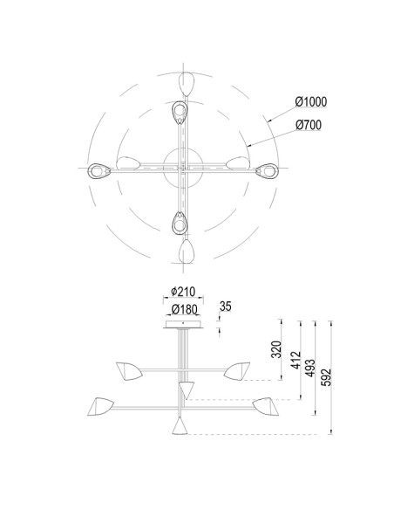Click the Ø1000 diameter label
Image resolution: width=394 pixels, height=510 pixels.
(311, 102)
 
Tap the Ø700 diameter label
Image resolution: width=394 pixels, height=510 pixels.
(309, 125)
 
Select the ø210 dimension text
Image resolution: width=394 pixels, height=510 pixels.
(183, 292)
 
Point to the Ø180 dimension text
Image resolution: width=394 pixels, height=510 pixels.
(184, 309)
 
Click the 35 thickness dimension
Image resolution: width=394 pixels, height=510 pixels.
(226, 307)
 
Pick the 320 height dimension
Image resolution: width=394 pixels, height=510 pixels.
(275, 349)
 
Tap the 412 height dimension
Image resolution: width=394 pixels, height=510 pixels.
(295, 360)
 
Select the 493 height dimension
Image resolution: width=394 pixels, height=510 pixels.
(310, 369)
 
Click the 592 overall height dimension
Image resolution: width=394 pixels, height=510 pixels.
(326, 377)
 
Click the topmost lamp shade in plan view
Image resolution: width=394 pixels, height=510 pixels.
(187, 84)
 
